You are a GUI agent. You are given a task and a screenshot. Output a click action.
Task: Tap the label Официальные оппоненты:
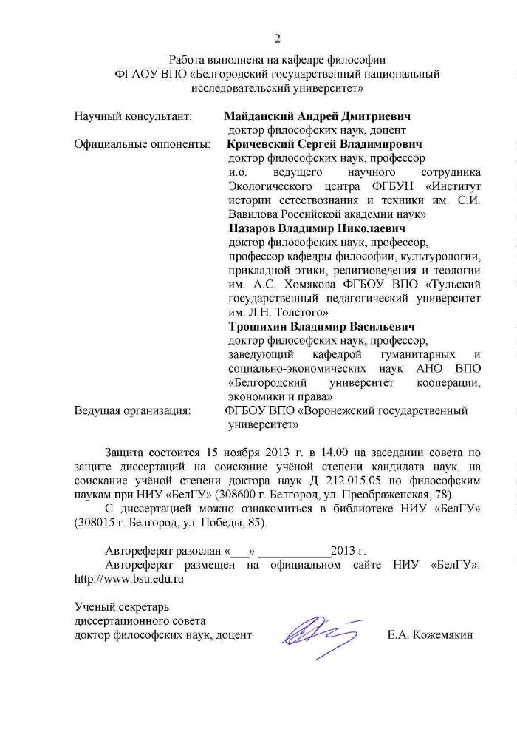tap(143, 144)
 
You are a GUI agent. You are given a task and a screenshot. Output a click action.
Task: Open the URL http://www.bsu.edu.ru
tap(129, 579)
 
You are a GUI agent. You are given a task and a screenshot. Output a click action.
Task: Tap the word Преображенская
tap(392, 493)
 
